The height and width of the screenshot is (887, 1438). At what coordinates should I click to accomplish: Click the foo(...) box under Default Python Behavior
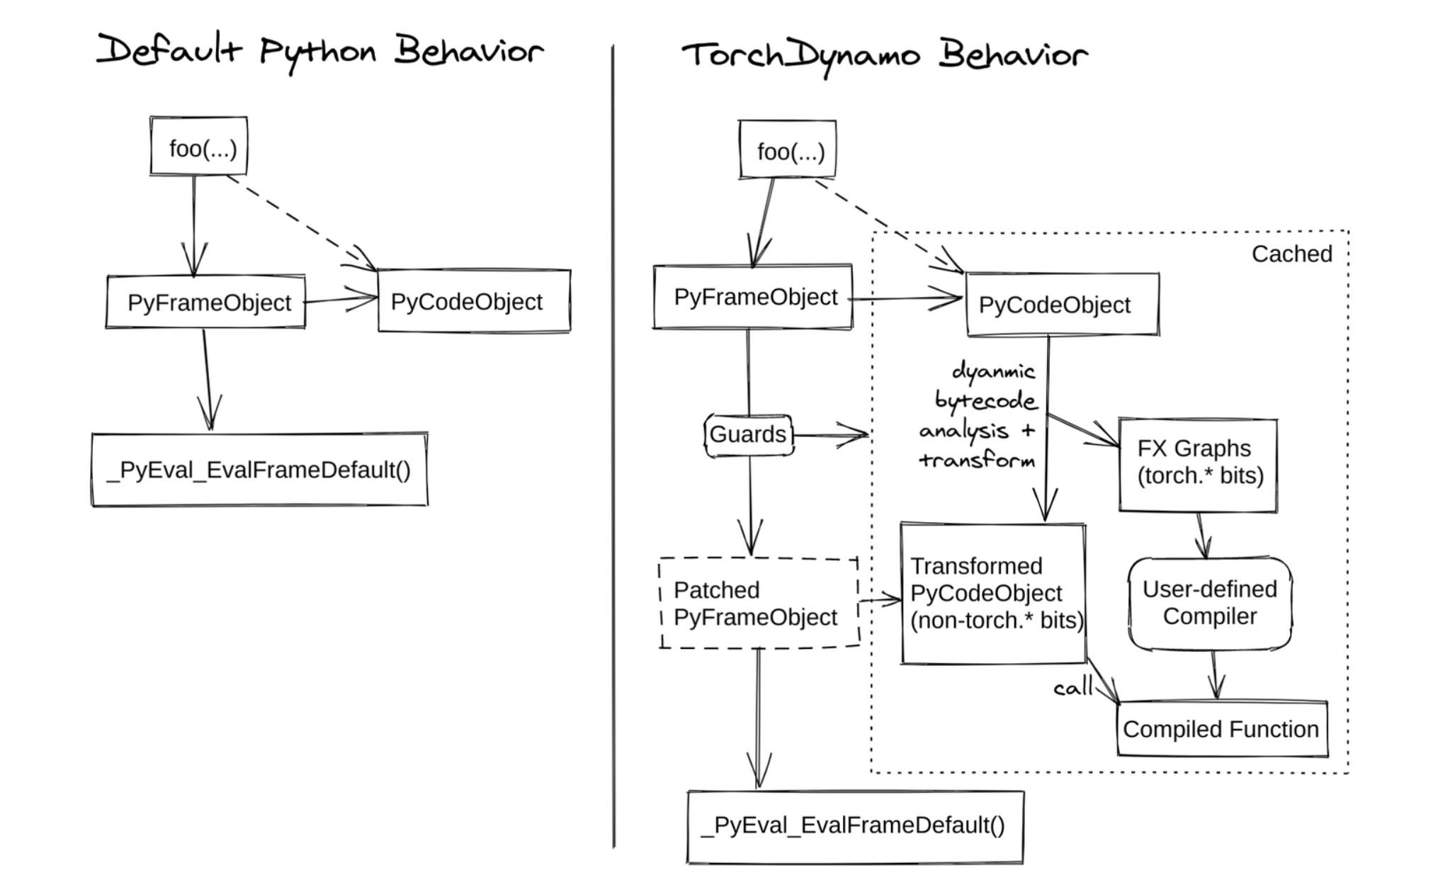(x=199, y=147)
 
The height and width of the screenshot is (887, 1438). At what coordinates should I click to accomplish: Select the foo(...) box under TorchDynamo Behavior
(x=788, y=150)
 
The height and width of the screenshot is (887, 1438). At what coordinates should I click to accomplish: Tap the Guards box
(x=748, y=434)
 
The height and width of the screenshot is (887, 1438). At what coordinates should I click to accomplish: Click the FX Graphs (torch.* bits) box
(x=1199, y=464)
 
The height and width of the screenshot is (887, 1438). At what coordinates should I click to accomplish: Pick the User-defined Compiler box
(x=1210, y=603)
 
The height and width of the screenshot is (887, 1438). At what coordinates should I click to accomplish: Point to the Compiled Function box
(x=1221, y=729)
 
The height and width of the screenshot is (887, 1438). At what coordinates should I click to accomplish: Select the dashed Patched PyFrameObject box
(x=758, y=604)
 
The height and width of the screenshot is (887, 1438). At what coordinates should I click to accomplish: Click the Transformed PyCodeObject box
(x=993, y=594)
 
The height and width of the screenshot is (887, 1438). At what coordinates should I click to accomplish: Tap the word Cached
(x=1291, y=254)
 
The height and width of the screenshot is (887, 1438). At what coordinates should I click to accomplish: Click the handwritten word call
(x=1072, y=687)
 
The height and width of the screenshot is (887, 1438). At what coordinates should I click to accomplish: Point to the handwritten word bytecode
(x=986, y=402)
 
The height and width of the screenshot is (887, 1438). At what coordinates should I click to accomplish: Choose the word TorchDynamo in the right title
(x=800, y=55)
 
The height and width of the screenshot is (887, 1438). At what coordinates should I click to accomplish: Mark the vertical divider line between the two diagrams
(x=613, y=446)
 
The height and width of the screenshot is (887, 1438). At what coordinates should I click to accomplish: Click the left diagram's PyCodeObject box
(x=474, y=302)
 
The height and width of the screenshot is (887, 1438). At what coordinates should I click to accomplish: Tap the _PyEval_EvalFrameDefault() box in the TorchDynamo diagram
(x=855, y=826)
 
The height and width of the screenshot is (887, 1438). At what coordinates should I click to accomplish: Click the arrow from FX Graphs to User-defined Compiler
(x=1202, y=536)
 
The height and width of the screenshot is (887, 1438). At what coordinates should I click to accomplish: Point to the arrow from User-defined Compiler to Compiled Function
(x=1216, y=675)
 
